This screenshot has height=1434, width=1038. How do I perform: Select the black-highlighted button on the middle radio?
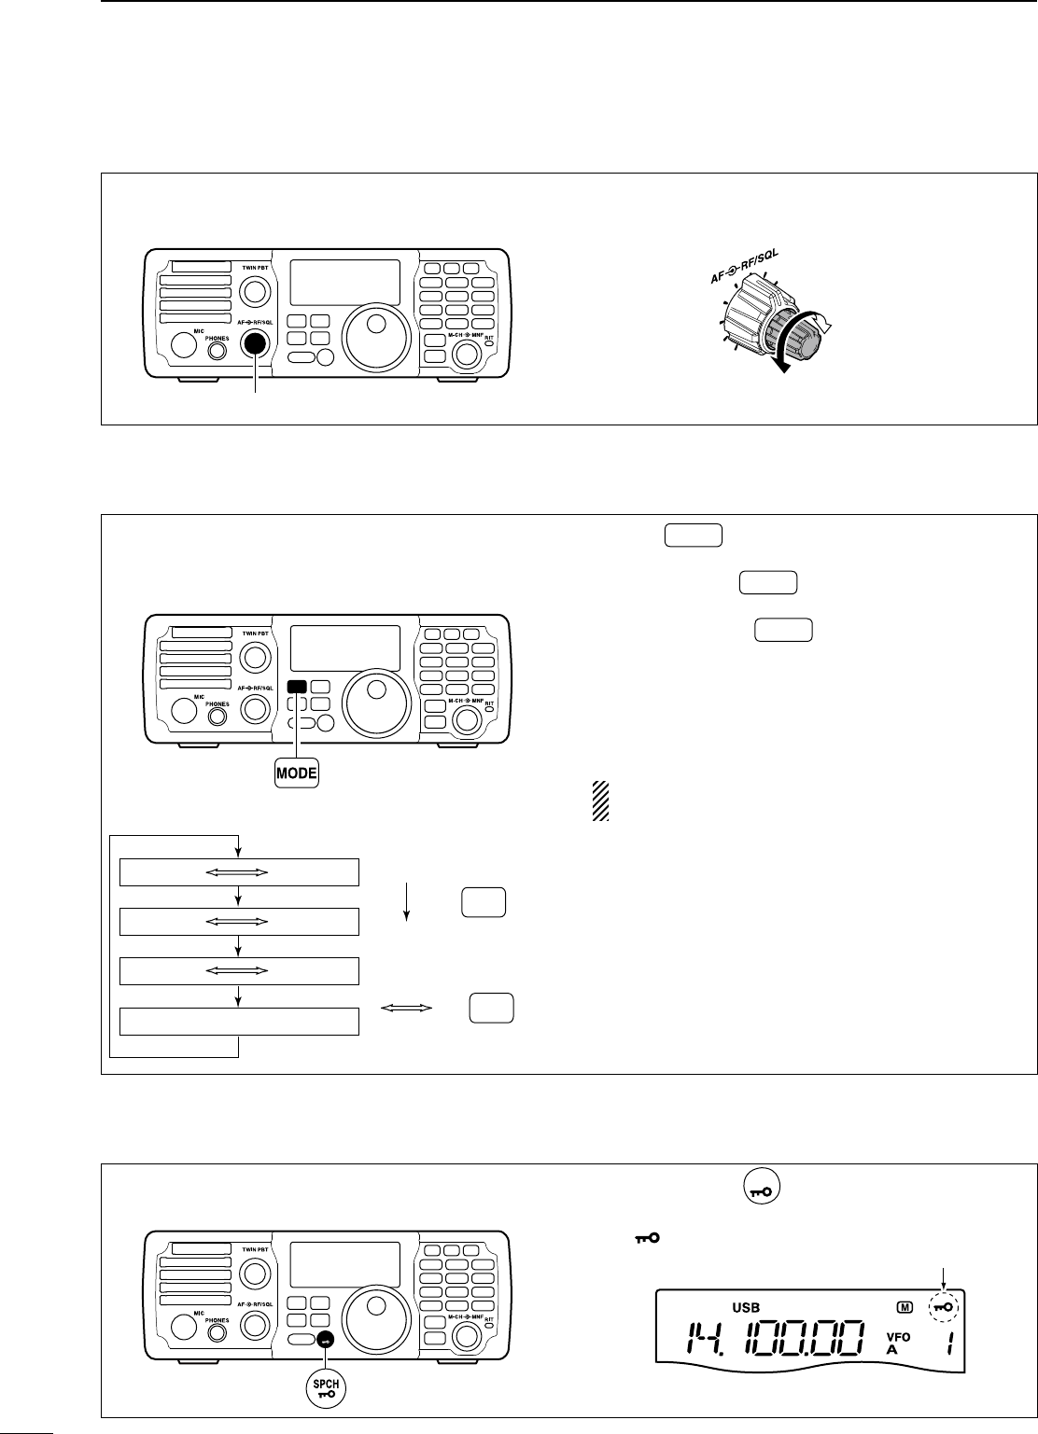(297, 687)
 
